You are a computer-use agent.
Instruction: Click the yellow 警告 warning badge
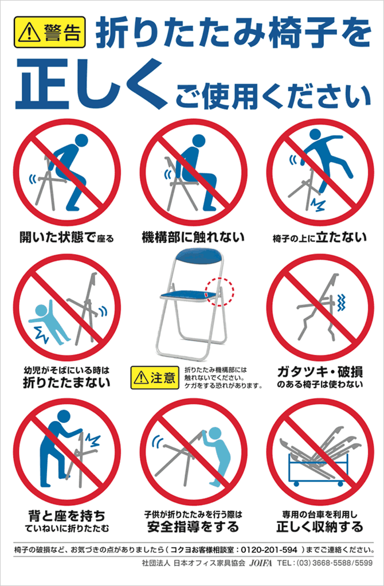point(50,32)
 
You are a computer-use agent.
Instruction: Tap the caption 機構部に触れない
point(193,237)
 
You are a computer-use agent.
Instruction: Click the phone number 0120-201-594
point(269,550)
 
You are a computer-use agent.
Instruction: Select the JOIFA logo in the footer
point(261,563)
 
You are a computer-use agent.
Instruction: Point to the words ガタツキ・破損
point(320,373)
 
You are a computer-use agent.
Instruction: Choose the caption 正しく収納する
point(320,527)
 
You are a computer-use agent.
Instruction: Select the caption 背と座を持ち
point(67,516)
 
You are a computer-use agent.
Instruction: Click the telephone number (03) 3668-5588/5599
point(335,563)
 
